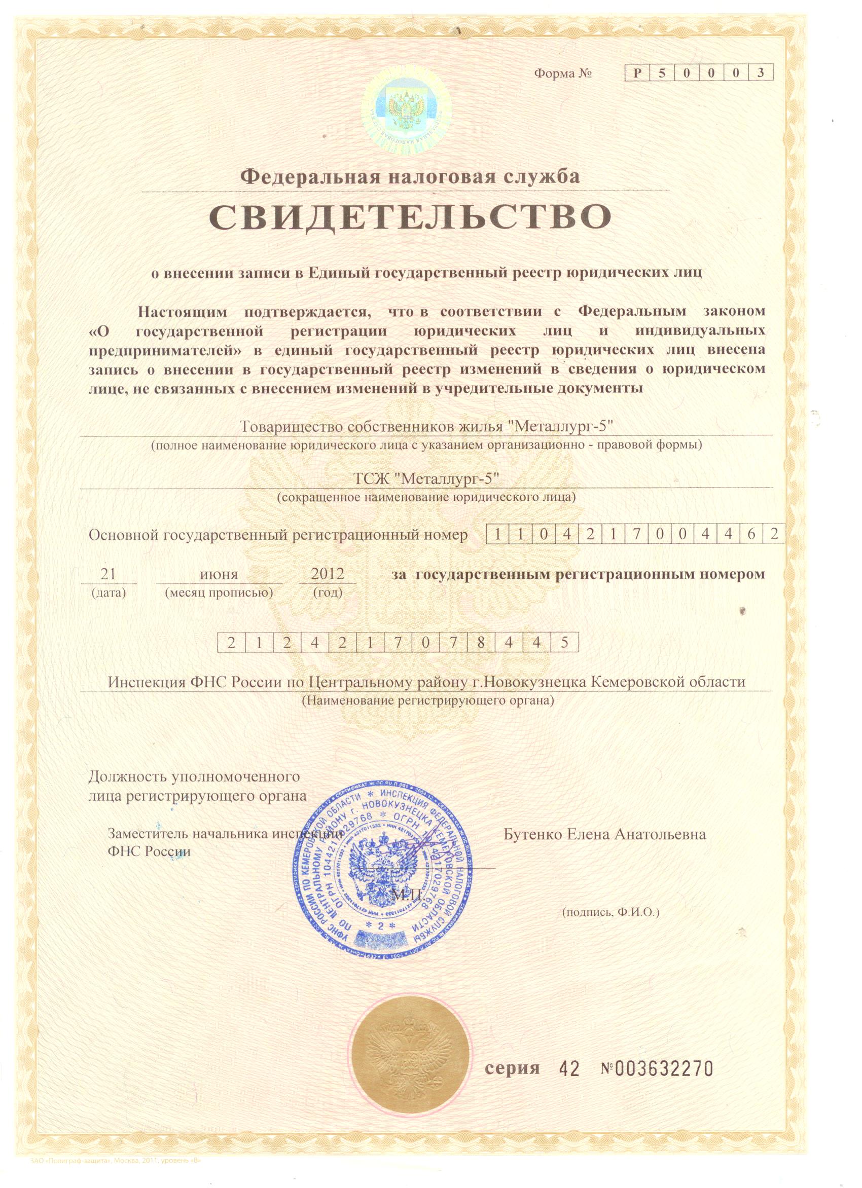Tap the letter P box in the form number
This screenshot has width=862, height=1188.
click(x=637, y=73)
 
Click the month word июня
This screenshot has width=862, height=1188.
click(x=219, y=574)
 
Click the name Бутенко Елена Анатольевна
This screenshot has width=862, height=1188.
click(x=604, y=834)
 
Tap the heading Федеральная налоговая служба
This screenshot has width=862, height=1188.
click(x=410, y=176)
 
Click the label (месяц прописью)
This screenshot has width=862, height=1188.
click(x=219, y=593)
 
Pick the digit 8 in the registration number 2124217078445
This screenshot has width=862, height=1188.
click(x=481, y=643)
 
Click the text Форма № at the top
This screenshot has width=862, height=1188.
click(x=562, y=74)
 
